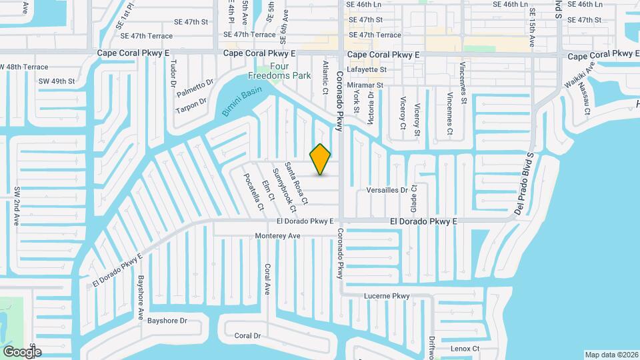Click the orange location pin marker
coord(321,159)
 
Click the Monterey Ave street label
coord(278,236)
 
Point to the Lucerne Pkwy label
coord(387,296)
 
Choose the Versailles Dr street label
coord(387,190)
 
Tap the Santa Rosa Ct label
coord(296,183)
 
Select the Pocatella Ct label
coord(253,190)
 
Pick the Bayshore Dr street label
coord(167,321)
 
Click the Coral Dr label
coord(248,335)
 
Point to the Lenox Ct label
coord(465,349)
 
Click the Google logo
coord(22,351)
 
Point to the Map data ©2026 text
coord(611,355)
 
